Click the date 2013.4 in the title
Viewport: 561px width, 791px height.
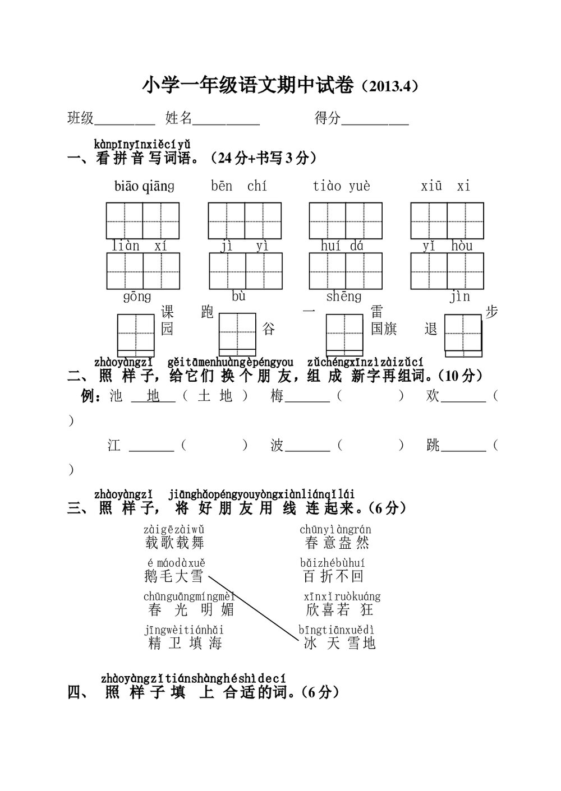[x=389, y=87]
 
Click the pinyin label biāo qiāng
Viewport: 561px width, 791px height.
[x=144, y=186]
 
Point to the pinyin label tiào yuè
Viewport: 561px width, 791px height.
[x=342, y=186]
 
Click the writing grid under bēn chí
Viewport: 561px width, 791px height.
[x=245, y=221]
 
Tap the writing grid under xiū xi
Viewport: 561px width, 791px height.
[x=447, y=221]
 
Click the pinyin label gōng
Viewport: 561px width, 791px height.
[x=137, y=297]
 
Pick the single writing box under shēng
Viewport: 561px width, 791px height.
[x=344, y=332]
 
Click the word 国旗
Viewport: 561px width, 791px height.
[x=384, y=329]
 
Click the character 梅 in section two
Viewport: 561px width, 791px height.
[x=277, y=396]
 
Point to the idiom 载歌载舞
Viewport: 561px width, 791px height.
[x=174, y=543]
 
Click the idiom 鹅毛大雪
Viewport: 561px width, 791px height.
[x=173, y=576]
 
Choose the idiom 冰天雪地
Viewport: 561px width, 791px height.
[x=339, y=643]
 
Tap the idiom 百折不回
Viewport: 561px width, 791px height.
[x=334, y=576]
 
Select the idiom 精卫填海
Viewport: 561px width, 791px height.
[x=185, y=643]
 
